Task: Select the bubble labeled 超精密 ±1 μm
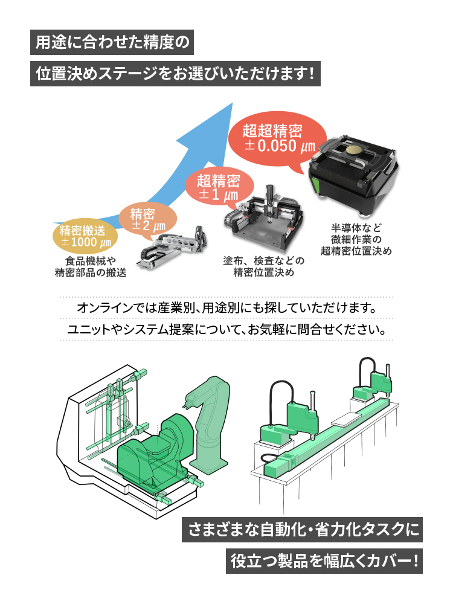(x=218, y=187)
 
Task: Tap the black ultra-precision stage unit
(x=353, y=172)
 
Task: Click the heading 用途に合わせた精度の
(x=113, y=43)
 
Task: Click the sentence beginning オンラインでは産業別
(x=226, y=308)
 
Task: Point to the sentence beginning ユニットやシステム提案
(x=226, y=330)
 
